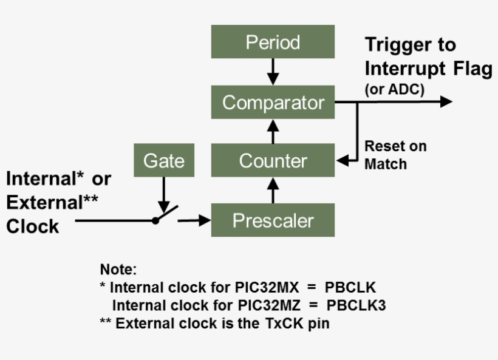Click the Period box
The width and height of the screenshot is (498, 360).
pyautogui.click(x=273, y=42)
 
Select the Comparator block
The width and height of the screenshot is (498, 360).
pyautogui.click(x=273, y=102)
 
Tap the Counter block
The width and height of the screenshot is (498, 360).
pyautogui.click(x=273, y=161)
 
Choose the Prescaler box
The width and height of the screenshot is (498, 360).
pyautogui.click(x=273, y=220)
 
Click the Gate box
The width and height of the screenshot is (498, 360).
pyautogui.click(x=163, y=161)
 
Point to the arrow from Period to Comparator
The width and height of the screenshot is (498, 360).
pyautogui.click(x=273, y=72)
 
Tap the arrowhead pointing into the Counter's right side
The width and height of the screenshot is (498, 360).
pyautogui.click(x=342, y=161)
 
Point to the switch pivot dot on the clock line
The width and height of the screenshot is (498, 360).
pyautogui.click(x=155, y=220)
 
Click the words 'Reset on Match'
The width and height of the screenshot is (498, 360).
pyautogui.click(x=395, y=155)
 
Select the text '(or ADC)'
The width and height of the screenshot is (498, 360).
pyautogui.click(x=394, y=89)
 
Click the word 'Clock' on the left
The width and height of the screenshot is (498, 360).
pyautogui.click(x=33, y=226)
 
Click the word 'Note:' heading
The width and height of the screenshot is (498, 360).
pyautogui.click(x=118, y=269)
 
